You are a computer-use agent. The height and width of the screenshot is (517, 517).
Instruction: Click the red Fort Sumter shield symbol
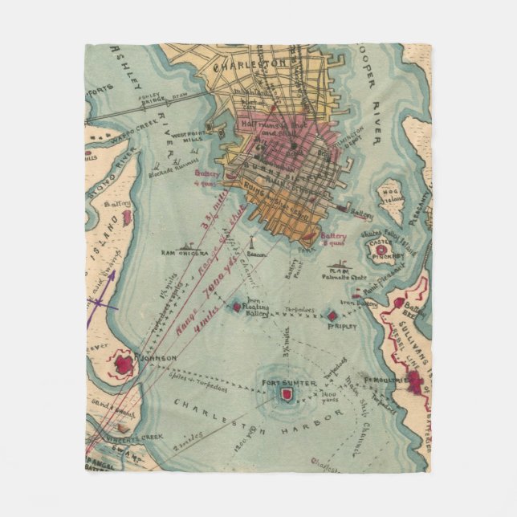pos(287,395)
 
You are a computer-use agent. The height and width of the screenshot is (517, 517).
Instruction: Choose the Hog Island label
pos(391,197)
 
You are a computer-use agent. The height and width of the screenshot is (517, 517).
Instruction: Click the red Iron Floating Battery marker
pos(237,306)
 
